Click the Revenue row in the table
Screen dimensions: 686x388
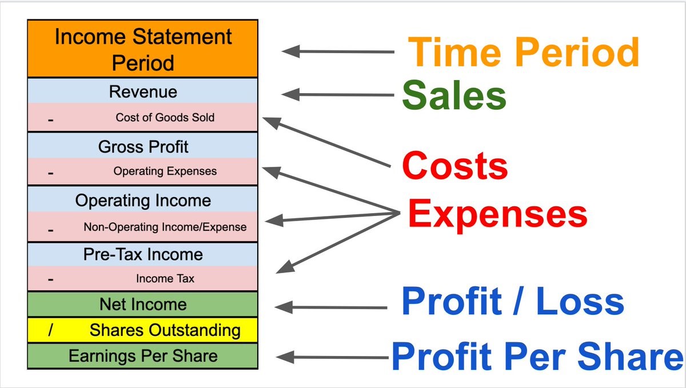[143, 91]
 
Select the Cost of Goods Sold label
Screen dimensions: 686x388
[165, 117]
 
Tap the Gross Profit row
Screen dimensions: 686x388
[143, 146]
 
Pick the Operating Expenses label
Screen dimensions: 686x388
[165, 171]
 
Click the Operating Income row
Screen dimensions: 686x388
[143, 199]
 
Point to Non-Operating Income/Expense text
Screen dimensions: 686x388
[165, 227]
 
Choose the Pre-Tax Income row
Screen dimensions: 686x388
[143, 254]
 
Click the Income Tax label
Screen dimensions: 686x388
[165, 278]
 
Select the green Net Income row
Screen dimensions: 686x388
[143, 304]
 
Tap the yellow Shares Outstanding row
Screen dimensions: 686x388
[143, 330]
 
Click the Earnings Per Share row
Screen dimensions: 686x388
[143, 356]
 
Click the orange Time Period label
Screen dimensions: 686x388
[524, 51]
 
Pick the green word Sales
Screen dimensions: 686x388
[454, 95]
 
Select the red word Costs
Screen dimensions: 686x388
[455, 165]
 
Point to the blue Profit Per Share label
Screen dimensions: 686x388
[537, 357]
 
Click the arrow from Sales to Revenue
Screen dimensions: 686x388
[337, 95]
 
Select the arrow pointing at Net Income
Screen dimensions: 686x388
[331, 307]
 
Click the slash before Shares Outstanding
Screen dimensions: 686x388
[50, 330]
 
